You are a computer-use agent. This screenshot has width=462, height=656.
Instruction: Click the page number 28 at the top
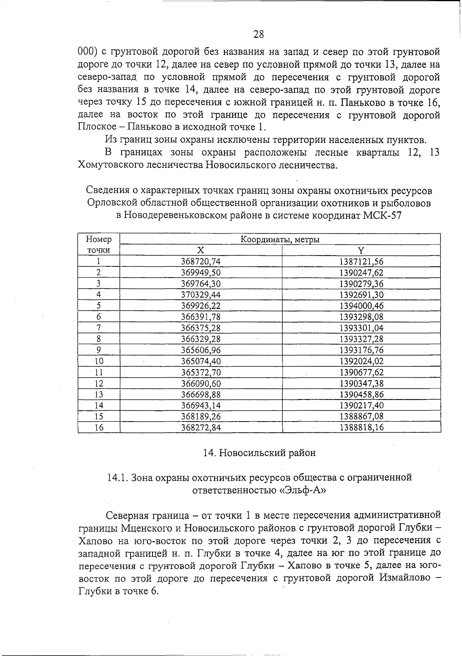point(259,34)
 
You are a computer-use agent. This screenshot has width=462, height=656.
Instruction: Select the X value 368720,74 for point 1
point(201,262)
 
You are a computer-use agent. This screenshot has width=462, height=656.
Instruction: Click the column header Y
point(361,250)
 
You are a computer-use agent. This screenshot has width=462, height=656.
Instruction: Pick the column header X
point(201,250)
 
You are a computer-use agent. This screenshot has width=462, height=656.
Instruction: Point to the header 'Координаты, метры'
point(280,239)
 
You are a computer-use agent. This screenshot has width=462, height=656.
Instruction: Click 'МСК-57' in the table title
point(382,216)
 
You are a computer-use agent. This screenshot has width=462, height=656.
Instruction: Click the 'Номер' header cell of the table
point(99,239)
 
